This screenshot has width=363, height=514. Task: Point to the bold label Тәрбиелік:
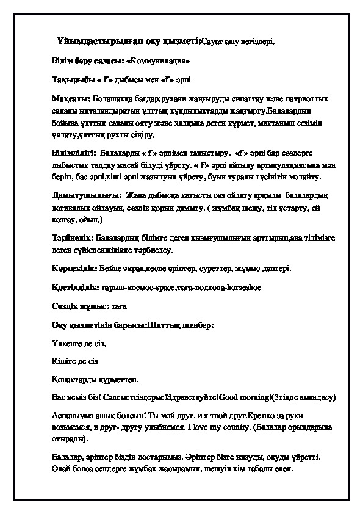[72, 237]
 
